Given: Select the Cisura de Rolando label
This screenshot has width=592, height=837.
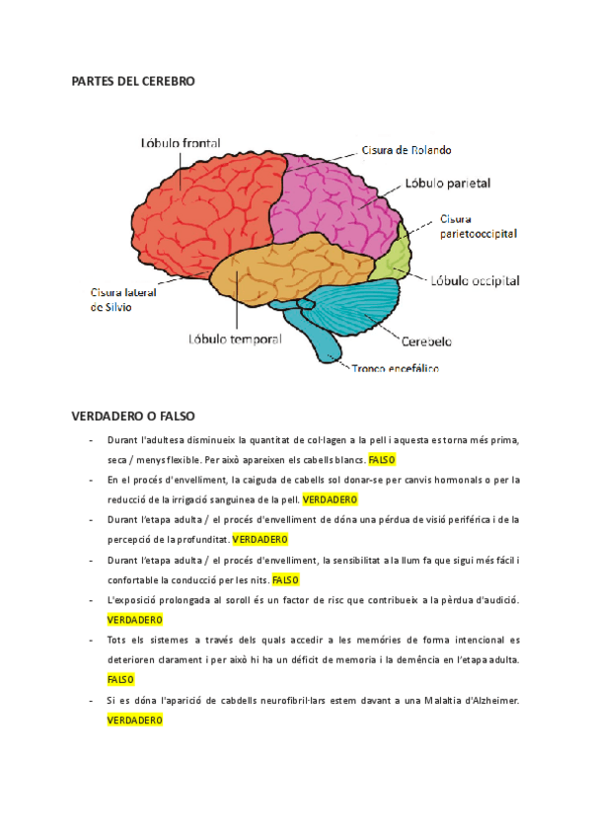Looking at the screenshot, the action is point(406,150).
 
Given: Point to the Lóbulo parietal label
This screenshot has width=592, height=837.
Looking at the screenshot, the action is point(447,183).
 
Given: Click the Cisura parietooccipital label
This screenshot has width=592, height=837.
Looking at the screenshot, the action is point(478,226).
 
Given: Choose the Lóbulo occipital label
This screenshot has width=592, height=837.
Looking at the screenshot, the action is point(475,280).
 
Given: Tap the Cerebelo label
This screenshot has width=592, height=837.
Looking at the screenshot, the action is point(426,342).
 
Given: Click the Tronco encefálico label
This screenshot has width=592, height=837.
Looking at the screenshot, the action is point(396,369).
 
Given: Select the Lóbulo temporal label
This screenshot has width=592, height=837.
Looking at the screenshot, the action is point(235,339).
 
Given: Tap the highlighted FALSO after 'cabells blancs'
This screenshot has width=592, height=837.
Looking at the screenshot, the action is point(381,460).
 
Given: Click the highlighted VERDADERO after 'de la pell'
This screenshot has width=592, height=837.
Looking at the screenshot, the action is point(330,499).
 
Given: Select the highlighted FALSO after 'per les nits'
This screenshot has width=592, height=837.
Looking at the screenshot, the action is point(285,579).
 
